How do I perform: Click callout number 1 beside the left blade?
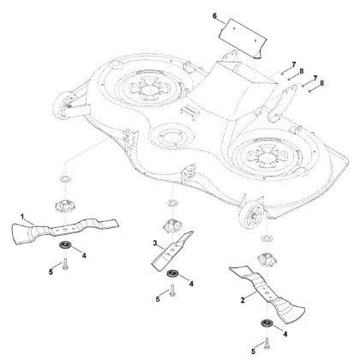click(x=22, y=217)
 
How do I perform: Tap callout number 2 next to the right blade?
click(x=243, y=300)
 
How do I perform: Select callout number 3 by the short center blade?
click(x=155, y=243)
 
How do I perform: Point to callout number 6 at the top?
click(x=215, y=15)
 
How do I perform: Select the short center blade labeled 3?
click(x=172, y=250)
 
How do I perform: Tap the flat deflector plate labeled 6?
click(x=243, y=39)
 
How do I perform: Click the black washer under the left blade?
click(x=65, y=245)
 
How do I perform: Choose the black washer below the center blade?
click(x=172, y=273)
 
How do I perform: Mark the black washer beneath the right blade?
click(x=267, y=323)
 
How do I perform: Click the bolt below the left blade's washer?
click(x=65, y=264)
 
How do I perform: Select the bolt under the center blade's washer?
click(x=172, y=291)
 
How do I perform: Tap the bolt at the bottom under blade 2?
click(x=267, y=344)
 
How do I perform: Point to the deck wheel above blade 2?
click(x=252, y=214)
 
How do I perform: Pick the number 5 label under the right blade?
click(x=253, y=351)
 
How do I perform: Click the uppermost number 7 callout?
click(x=294, y=64)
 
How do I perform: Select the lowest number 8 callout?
click(x=322, y=83)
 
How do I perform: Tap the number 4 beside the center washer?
click(x=191, y=284)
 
